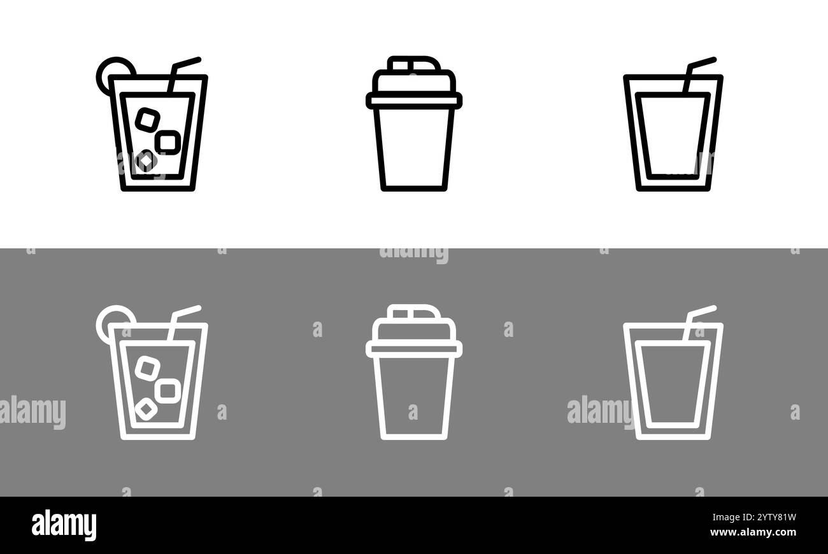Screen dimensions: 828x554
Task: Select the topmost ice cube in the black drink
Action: [x=148, y=120]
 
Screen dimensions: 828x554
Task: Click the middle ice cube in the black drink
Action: [x=168, y=142]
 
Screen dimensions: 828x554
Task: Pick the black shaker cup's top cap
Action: [x=414, y=64]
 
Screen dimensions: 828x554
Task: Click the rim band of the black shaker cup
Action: [x=414, y=101]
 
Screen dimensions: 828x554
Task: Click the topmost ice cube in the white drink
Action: [x=148, y=368]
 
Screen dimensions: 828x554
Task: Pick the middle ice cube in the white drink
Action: [x=168, y=390]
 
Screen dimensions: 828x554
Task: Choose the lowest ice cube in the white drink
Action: [x=146, y=409]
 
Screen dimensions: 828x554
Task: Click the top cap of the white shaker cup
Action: [x=414, y=312]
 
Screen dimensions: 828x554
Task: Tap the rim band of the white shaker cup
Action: [x=414, y=349]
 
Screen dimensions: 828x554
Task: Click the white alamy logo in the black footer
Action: [x=64, y=525]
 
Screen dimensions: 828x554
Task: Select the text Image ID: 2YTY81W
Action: [x=754, y=517]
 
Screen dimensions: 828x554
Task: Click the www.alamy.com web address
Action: [x=753, y=532]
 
